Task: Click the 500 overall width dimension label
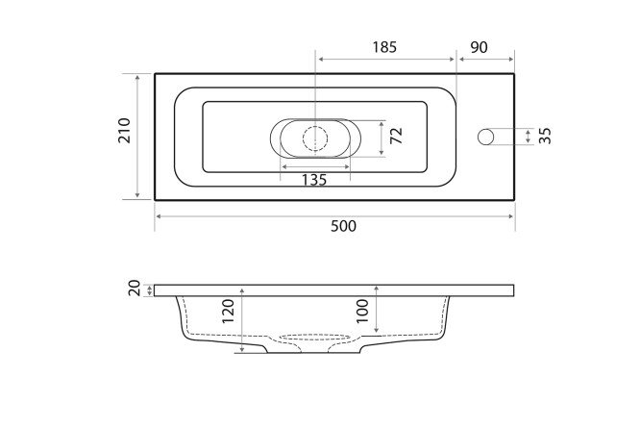click(x=343, y=227)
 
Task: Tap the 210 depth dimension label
click(x=124, y=137)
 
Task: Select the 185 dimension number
click(x=383, y=46)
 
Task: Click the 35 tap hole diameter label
click(x=545, y=136)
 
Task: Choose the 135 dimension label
click(x=314, y=180)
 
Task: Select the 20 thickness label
click(x=135, y=289)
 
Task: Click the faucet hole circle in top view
click(x=486, y=137)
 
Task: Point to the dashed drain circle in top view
click(x=314, y=137)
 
